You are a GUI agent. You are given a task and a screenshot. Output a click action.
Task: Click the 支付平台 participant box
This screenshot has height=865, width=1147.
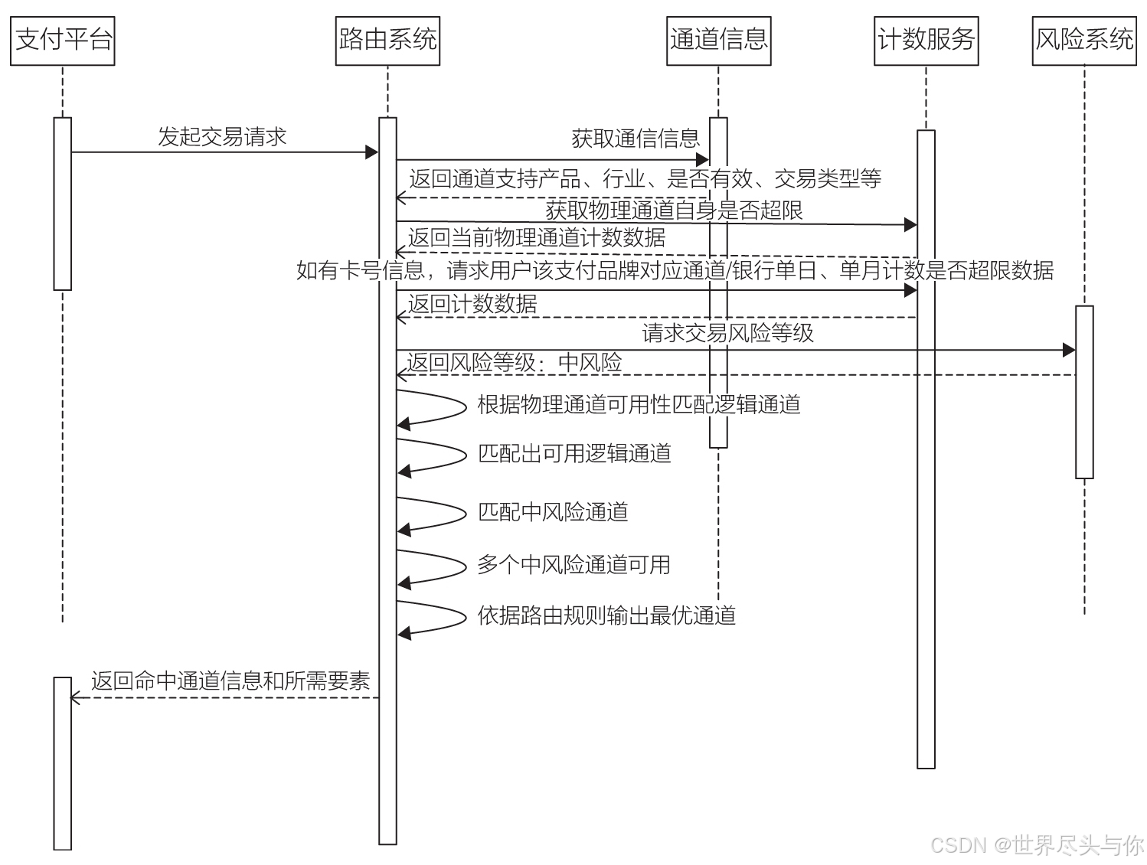pyautogui.click(x=63, y=40)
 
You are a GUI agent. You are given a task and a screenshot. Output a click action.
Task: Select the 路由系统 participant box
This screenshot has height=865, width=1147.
pyautogui.click(x=387, y=40)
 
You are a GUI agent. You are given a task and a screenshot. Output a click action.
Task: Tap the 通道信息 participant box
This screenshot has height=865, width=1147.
pyautogui.click(x=718, y=40)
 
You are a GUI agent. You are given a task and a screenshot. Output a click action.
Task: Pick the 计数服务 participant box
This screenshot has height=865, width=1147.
pyautogui.click(x=926, y=40)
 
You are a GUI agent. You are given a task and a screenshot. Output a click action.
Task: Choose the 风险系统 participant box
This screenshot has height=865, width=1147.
pyautogui.click(x=1083, y=40)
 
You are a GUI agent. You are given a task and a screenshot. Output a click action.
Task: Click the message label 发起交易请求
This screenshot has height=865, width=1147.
pyautogui.click(x=222, y=137)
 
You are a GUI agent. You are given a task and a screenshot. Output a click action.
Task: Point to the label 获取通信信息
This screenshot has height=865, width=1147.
pyautogui.click(x=636, y=139)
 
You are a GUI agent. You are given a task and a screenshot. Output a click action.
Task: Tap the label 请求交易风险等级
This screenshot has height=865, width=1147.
pyautogui.click(x=727, y=333)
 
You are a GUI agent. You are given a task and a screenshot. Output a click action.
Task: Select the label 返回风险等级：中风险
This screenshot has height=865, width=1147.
pyautogui.click(x=515, y=363)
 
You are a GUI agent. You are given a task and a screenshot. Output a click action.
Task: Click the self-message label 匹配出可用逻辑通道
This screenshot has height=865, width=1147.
pyautogui.click(x=574, y=453)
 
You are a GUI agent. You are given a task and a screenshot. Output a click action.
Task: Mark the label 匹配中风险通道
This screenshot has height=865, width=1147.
pyautogui.click(x=553, y=511)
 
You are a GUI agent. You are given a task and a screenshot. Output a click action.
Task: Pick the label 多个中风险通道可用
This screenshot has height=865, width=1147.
pyautogui.click(x=573, y=565)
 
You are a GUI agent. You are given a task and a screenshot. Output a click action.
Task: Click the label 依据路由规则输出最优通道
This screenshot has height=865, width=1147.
pyautogui.click(x=606, y=615)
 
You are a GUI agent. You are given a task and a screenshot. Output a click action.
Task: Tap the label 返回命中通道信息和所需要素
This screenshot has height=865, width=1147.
pyautogui.click(x=230, y=681)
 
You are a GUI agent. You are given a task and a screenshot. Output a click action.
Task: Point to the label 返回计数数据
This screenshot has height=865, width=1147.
pyautogui.click(x=472, y=304)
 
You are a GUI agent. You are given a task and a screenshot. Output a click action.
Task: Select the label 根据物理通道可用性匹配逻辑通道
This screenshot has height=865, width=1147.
pyautogui.click(x=639, y=404)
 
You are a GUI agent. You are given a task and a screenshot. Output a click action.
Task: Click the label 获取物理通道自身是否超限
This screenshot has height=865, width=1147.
pyautogui.click(x=674, y=210)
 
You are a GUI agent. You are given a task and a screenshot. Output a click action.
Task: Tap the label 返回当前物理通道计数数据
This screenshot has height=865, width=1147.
pyautogui.click(x=537, y=238)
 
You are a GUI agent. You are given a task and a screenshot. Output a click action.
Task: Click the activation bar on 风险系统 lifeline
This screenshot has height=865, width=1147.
pyautogui.click(x=1084, y=392)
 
